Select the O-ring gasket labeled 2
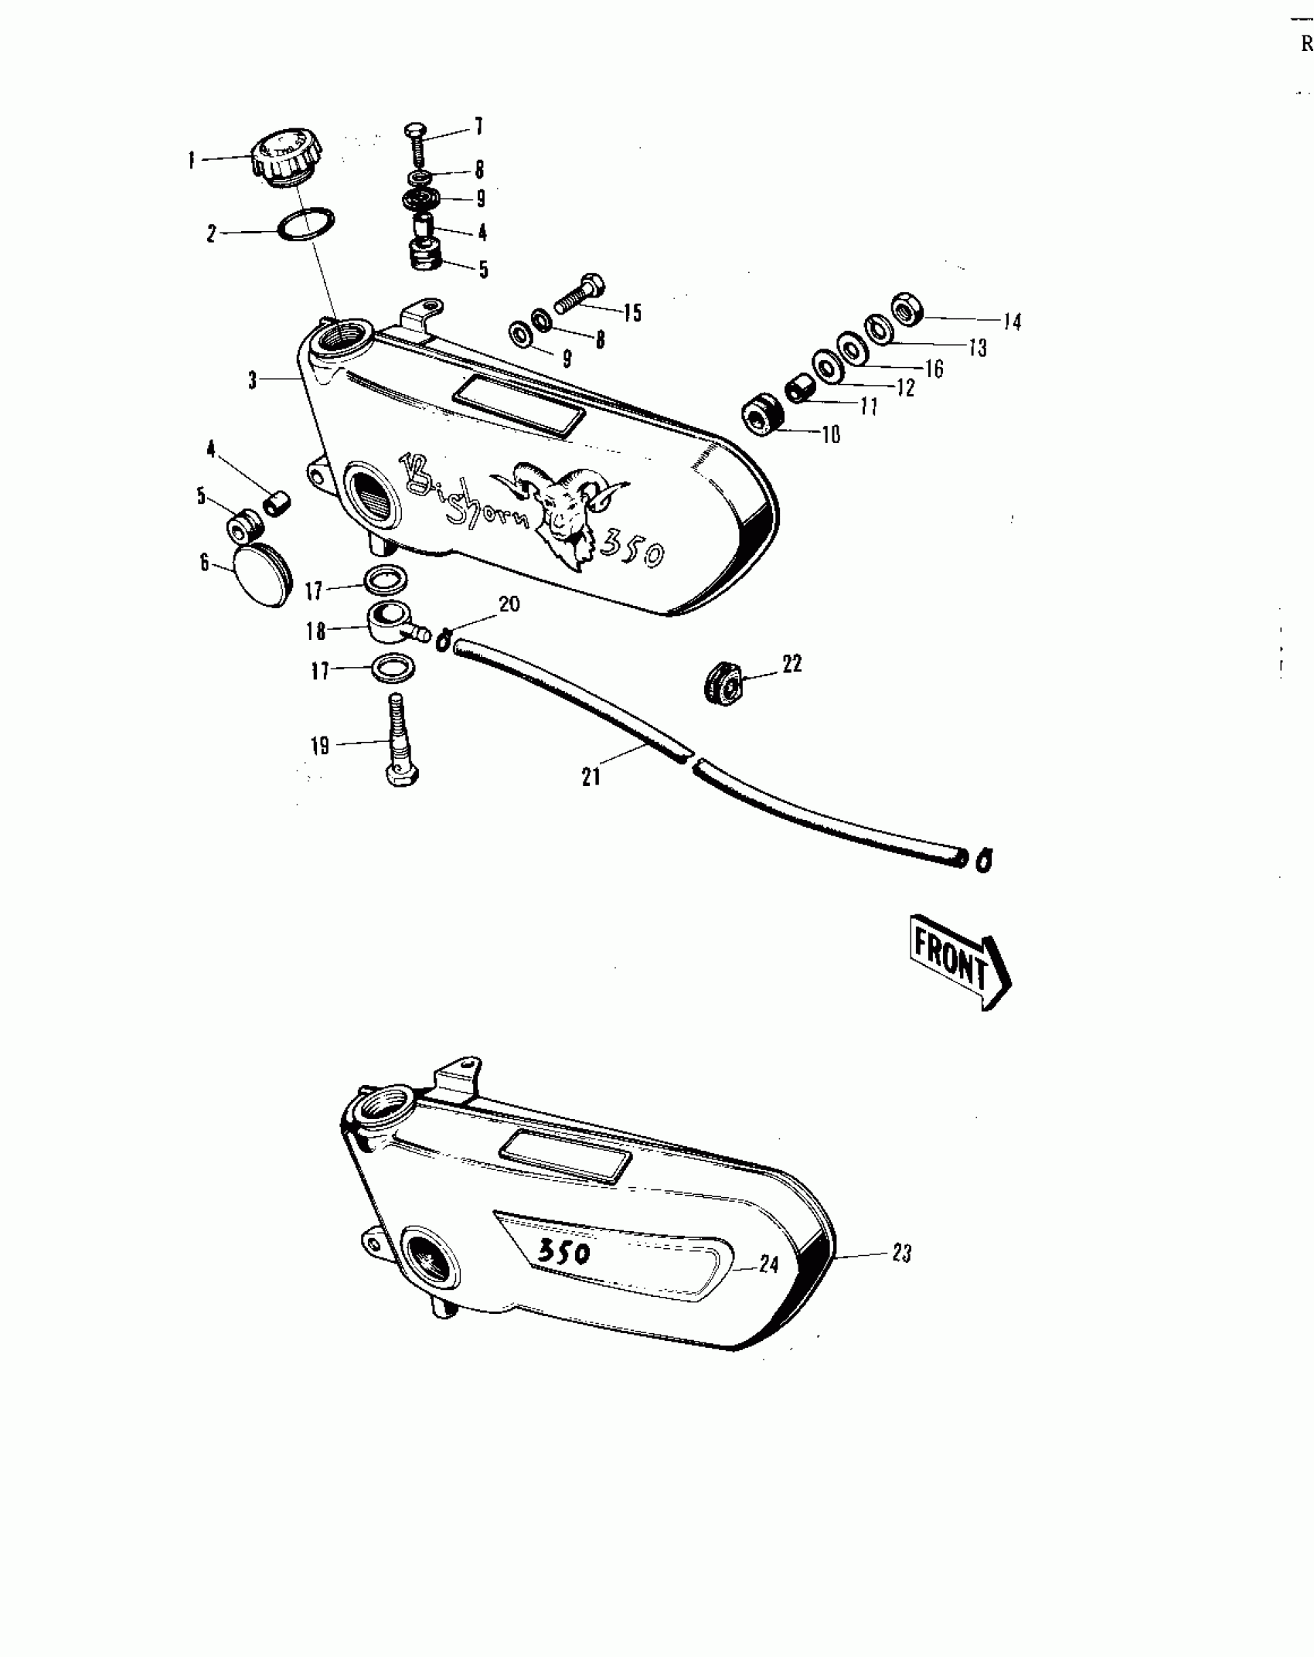[306, 225]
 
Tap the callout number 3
[253, 381]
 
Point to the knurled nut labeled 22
[724, 680]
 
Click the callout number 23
[902, 1252]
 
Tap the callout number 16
[934, 369]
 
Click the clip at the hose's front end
[984, 859]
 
